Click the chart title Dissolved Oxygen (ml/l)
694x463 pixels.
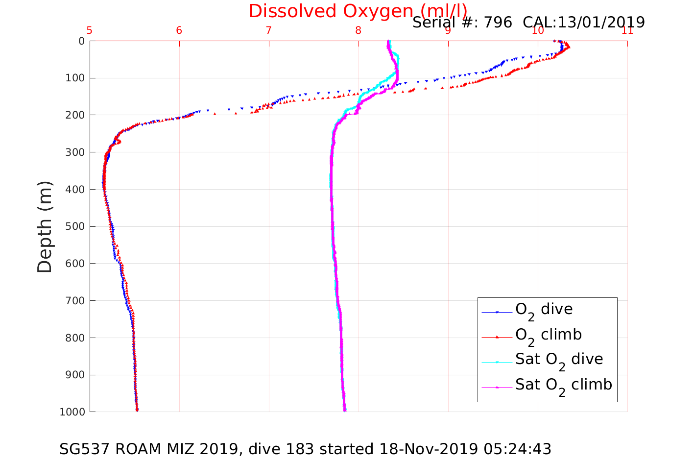[358, 11]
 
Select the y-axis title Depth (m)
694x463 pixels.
[45, 226]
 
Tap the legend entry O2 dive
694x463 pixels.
[544, 310]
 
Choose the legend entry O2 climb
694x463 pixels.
[548, 335]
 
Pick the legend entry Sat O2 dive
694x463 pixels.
[559, 360]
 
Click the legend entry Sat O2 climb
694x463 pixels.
[563, 385]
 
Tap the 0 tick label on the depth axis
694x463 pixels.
[81, 41]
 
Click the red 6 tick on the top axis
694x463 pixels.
[179, 30]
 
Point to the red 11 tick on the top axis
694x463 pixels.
[627, 30]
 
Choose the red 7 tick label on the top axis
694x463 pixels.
[269, 30]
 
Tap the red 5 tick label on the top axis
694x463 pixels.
[90, 30]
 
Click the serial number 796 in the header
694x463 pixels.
[498, 22]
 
